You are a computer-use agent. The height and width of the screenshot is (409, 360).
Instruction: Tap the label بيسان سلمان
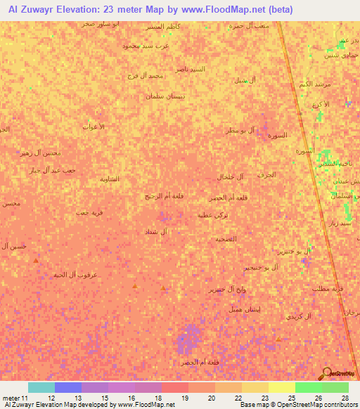(x=165, y=96)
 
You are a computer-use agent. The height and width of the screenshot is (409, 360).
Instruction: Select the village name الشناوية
(x=110, y=178)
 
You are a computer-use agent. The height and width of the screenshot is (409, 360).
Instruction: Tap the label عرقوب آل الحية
(x=75, y=275)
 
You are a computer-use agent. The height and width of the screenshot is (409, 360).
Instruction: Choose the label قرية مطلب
(x=327, y=288)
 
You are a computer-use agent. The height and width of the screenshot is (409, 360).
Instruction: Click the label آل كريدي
(x=298, y=317)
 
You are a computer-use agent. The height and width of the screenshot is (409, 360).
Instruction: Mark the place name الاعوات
(x=94, y=126)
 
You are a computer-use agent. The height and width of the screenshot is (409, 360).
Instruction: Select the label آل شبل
(x=244, y=79)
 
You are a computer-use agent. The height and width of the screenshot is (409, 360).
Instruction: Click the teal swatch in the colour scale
(x=41, y=387)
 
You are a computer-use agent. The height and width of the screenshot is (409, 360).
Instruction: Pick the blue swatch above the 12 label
(x=67, y=387)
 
